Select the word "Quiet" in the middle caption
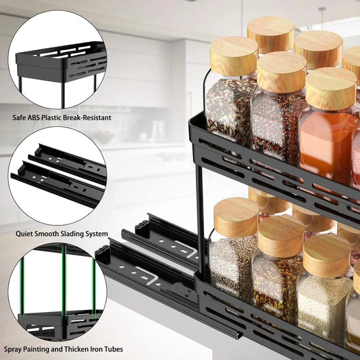tap(25, 234)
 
